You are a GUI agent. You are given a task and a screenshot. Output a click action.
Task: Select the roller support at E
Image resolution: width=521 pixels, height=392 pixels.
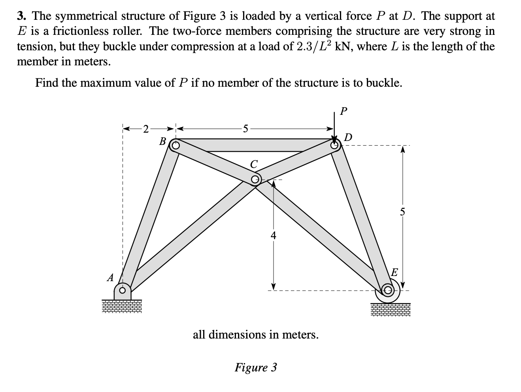coord(387,291)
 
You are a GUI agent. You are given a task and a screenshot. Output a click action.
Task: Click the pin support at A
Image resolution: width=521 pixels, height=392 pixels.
coord(123,291)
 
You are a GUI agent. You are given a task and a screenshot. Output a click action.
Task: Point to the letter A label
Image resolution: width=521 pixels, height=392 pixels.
coord(110,278)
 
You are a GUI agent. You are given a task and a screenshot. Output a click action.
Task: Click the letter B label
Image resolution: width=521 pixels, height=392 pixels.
coord(162,140)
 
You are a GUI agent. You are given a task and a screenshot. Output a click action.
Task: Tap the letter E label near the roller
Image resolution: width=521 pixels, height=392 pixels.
coord(394,272)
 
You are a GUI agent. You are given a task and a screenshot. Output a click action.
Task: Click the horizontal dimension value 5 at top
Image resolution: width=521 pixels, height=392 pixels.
coord(245,128)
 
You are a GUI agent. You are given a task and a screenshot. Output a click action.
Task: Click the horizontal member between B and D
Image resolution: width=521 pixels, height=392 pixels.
coord(253,145)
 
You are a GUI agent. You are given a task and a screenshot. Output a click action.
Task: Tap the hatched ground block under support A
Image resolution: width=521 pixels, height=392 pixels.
coord(122,306)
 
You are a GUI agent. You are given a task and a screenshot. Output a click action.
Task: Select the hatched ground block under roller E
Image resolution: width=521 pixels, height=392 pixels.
coord(391,309)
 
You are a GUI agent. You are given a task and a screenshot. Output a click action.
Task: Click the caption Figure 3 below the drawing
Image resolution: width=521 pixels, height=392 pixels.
coord(256,367)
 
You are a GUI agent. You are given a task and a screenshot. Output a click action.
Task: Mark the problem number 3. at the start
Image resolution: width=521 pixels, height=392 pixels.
coord(22,16)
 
